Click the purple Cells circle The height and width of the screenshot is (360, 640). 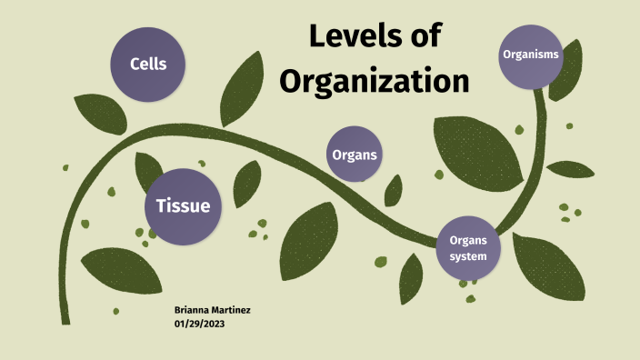pyautogui.click(x=147, y=65)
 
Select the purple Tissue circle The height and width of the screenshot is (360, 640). pyautogui.click(x=183, y=206)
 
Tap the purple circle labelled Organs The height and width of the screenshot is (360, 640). pyautogui.click(x=355, y=155)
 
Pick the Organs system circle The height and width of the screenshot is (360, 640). pyautogui.click(x=468, y=247)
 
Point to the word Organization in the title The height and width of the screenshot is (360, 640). pyautogui.click(x=374, y=81)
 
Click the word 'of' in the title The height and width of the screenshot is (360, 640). pyautogui.click(x=425, y=37)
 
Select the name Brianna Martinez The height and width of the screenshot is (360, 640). pyautogui.click(x=212, y=310)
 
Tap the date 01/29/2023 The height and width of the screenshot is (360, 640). pyautogui.click(x=199, y=323)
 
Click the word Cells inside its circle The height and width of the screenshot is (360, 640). pyautogui.click(x=147, y=65)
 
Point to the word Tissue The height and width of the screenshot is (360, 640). pyautogui.click(x=183, y=206)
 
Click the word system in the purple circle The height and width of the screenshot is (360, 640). pyautogui.click(x=468, y=256)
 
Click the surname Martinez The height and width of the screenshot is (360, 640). pyautogui.click(x=231, y=310)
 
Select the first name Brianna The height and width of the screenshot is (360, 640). pyautogui.click(x=191, y=310)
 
